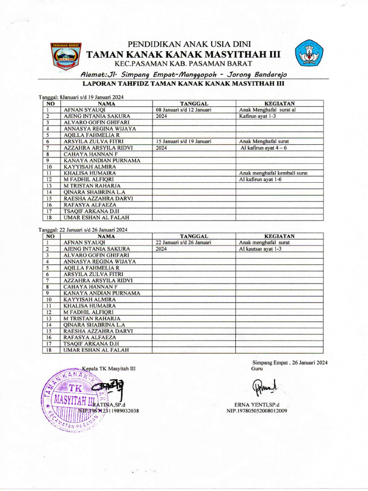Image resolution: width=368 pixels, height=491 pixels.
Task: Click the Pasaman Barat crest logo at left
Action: click(66, 57)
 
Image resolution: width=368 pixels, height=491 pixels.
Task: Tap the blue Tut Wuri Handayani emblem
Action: click(309, 53)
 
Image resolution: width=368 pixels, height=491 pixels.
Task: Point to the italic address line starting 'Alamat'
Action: click(184, 75)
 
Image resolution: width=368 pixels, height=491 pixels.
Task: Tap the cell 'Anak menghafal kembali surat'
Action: click(273, 173)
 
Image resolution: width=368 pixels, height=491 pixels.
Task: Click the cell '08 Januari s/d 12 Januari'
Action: click(184, 110)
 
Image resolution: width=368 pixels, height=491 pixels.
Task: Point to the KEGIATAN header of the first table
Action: click(279, 103)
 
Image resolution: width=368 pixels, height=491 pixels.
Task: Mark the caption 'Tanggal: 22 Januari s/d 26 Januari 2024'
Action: click(83, 230)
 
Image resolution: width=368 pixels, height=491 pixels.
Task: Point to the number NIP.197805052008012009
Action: click(257, 411)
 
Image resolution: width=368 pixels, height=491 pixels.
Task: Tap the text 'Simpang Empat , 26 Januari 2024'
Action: click(289, 362)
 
